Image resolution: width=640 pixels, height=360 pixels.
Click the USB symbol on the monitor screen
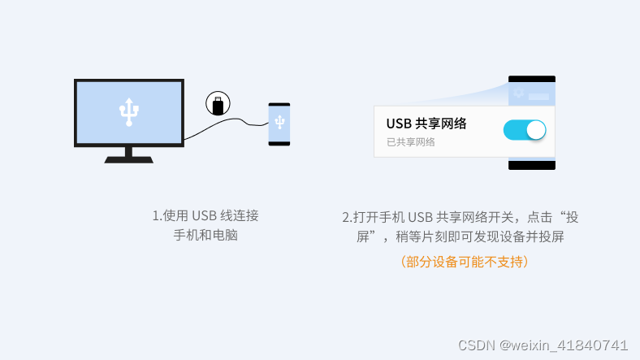pyautogui.click(x=128, y=112)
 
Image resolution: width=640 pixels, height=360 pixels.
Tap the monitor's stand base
pyautogui.click(x=128, y=159)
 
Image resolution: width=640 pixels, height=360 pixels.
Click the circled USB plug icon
pyautogui.click(x=218, y=103)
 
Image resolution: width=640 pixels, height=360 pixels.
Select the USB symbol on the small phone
pyautogui.click(x=279, y=122)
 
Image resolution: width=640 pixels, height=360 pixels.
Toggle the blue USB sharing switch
pyautogui.click(x=524, y=130)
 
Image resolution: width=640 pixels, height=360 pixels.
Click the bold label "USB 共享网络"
pyautogui.click(x=426, y=124)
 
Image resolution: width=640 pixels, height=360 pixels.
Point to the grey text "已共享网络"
pyautogui.click(x=411, y=142)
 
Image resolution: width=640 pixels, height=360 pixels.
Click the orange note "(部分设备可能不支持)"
pyautogui.click(x=464, y=262)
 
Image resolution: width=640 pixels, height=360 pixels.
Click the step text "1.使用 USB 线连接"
pyautogui.click(x=205, y=216)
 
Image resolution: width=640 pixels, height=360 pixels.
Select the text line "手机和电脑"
pyautogui.click(x=205, y=236)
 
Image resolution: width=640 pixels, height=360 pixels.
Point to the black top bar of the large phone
pyautogui.click(x=532, y=79)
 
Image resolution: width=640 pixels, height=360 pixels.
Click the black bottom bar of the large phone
pyautogui.click(x=532, y=165)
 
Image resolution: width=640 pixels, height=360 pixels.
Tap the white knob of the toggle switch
pyautogui.click(x=534, y=130)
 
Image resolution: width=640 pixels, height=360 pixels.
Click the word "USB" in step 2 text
pyautogui.click(x=420, y=218)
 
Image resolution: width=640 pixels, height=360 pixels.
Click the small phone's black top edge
pyautogui.click(x=279, y=105)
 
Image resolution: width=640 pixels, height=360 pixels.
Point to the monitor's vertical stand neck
pyautogui.click(x=128, y=151)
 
